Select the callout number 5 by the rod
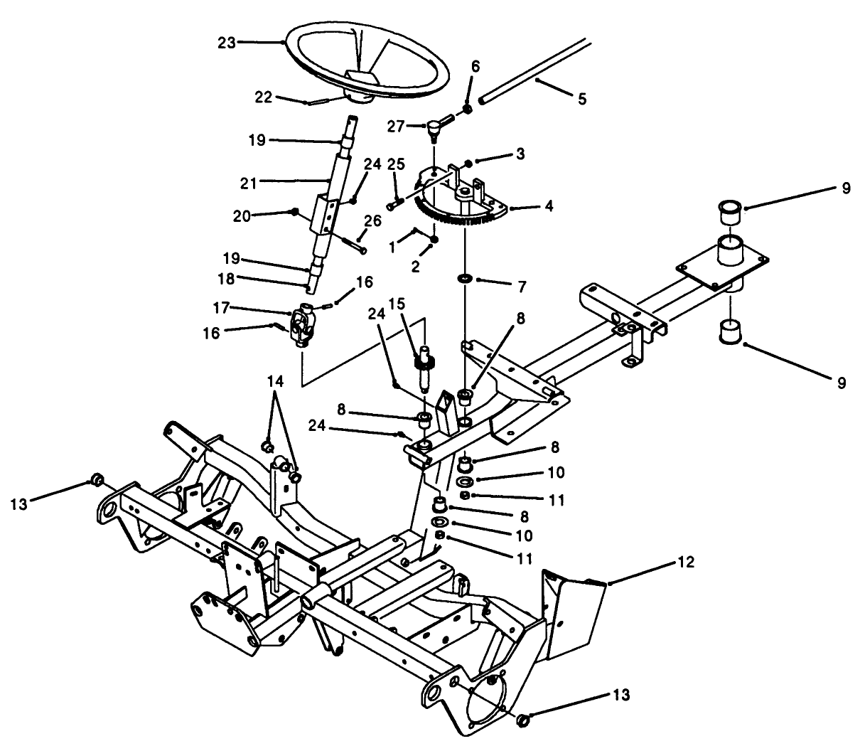(581, 100)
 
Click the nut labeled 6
(468, 108)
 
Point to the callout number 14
(276, 382)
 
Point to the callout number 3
(520, 154)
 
